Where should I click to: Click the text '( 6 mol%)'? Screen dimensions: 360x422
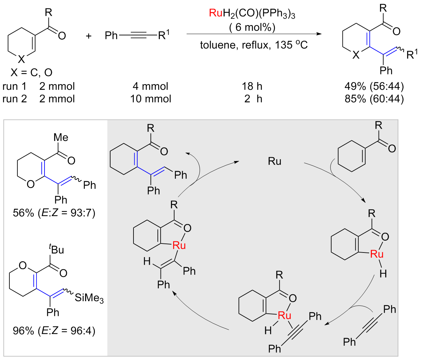(x=252, y=27)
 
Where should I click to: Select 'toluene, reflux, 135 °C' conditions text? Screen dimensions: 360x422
(x=254, y=45)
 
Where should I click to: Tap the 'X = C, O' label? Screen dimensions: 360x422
(x=31, y=72)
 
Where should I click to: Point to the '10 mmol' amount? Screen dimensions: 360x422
(x=151, y=99)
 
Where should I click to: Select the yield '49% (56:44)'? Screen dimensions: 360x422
(x=372, y=86)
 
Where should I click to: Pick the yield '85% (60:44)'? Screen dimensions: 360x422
(x=372, y=99)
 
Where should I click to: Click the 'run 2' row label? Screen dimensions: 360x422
(x=14, y=99)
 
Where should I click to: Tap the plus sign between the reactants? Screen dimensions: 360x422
(x=89, y=35)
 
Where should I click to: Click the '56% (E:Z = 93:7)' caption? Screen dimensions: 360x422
(x=54, y=213)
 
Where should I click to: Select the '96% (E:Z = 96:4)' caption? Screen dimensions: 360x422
(x=54, y=330)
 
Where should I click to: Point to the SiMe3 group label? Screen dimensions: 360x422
(x=89, y=298)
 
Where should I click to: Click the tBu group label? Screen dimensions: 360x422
(x=57, y=249)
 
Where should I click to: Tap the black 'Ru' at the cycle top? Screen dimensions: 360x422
(x=275, y=161)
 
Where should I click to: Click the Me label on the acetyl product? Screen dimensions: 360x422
(x=61, y=137)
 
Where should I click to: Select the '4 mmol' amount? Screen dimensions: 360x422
(x=151, y=86)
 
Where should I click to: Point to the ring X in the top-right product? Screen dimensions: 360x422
(x=356, y=55)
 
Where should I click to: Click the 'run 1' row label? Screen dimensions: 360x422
(x=14, y=86)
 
